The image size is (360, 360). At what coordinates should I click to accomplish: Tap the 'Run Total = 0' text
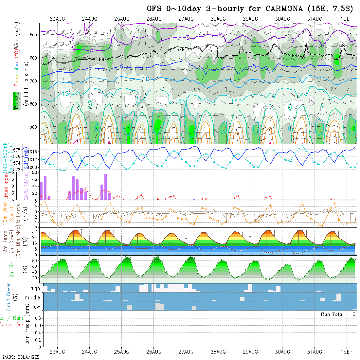tap(338, 314)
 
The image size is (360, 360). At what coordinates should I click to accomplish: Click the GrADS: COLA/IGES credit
tap(20, 357)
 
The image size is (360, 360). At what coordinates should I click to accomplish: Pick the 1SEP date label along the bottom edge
tap(346, 352)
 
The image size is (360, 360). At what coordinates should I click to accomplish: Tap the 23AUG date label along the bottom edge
tap(58, 352)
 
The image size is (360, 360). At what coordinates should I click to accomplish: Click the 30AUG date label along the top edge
tap(282, 19)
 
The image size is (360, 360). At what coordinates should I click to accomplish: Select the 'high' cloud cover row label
tap(35, 288)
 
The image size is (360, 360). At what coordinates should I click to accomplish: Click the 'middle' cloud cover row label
tap(33, 297)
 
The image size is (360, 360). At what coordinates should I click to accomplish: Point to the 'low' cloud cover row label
tap(36, 307)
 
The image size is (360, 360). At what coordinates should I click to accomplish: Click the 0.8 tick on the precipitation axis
tap(37, 318)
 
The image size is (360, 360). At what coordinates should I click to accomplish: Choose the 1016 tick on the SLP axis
tap(34, 152)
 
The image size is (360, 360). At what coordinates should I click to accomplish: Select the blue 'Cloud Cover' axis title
tap(9, 297)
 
